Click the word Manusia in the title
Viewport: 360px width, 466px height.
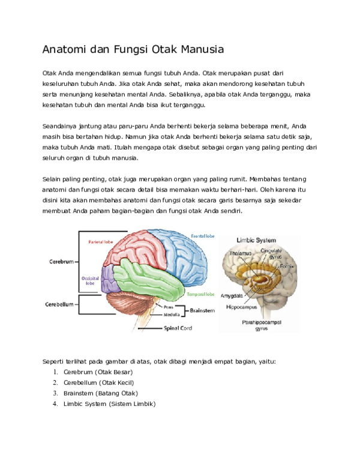202,49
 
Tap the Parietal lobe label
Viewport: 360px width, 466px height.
101,242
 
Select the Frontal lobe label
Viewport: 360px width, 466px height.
203,236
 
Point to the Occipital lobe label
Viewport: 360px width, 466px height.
90,281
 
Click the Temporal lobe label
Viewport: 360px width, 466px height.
200,294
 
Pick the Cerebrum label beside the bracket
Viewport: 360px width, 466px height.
61,262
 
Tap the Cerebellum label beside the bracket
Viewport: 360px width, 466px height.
59,304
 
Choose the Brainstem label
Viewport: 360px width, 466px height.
202,310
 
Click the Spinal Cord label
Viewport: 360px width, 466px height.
178,328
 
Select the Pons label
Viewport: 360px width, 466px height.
169,307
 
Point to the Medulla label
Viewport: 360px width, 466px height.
172,315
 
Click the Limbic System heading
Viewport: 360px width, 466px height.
256,240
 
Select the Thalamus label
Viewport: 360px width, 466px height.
240,253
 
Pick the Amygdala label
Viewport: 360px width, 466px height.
232,295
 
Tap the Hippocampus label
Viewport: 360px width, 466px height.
241,307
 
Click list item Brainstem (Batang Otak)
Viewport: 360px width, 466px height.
101,393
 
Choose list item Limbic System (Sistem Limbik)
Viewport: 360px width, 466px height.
110,404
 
